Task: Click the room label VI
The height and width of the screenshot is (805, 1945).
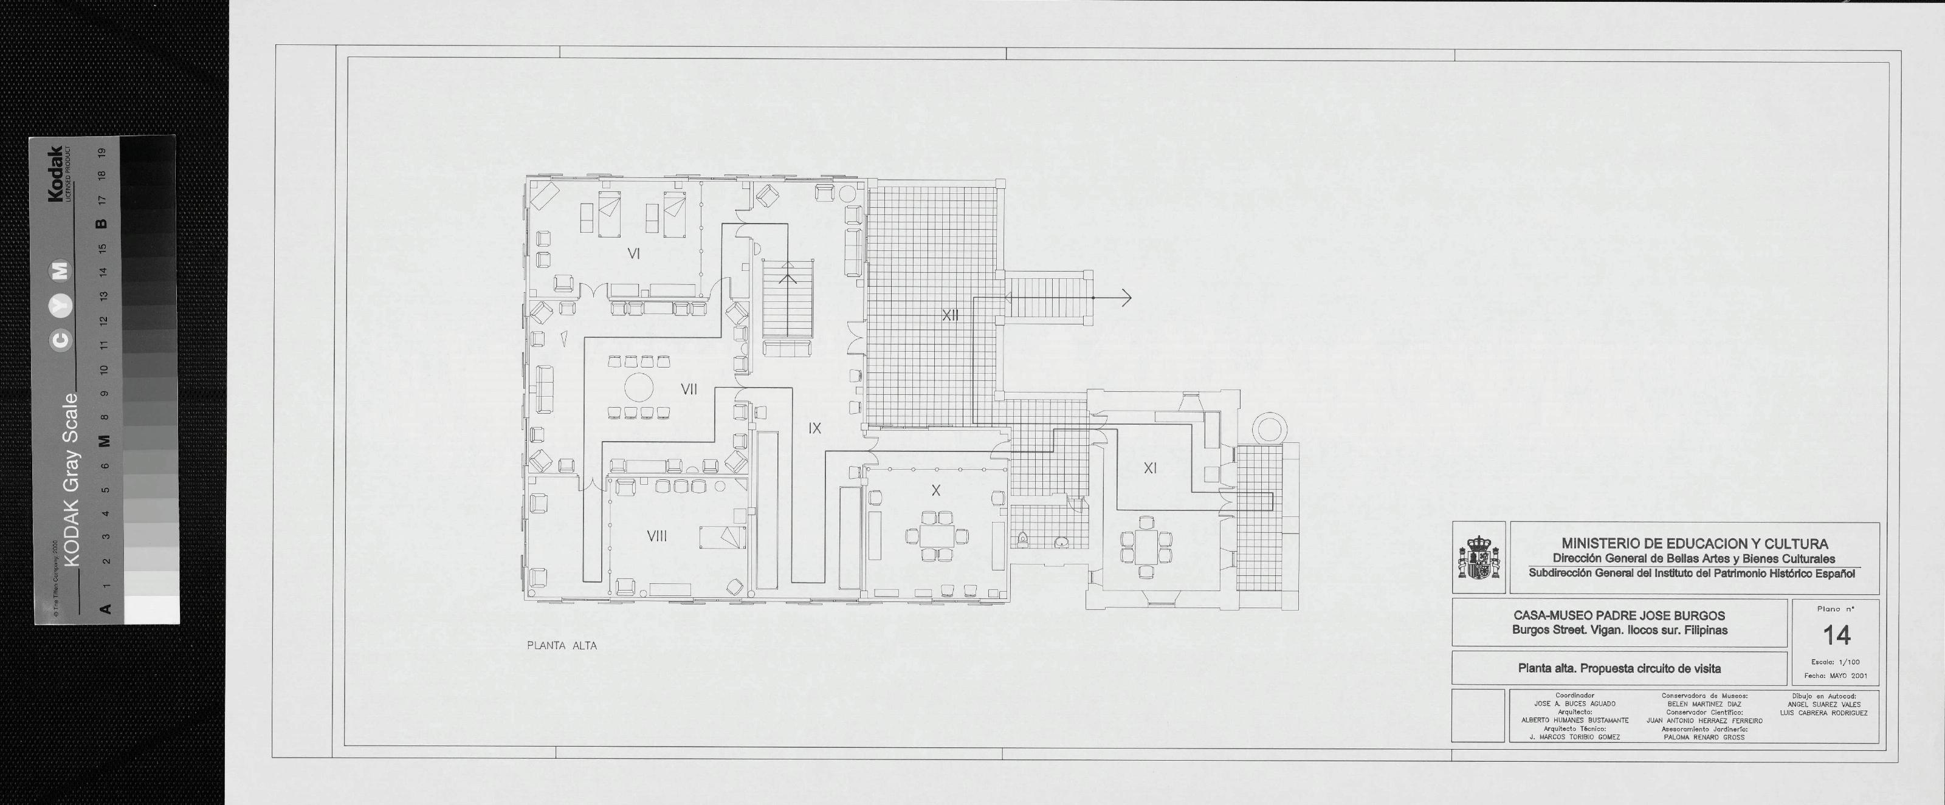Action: pyautogui.click(x=633, y=254)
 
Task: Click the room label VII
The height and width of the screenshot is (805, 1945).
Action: pyautogui.click(x=689, y=389)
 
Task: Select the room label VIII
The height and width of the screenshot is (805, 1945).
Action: pyautogui.click(x=657, y=536)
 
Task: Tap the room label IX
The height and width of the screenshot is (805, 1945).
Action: pyautogui.click(x=814, y=428)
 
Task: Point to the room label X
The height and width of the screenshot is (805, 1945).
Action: pyautogui.click(x=936, y=490)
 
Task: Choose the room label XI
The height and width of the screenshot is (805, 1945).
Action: pyautogui.click(x=1150, y=468)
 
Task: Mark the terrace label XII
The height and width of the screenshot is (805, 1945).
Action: pyautogui.click(x=951, y=315)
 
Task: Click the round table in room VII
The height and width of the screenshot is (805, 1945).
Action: pyautogui.click(x=639, y=388)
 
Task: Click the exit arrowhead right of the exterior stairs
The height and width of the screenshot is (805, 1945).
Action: pyautogui.click(x=1126, y=298)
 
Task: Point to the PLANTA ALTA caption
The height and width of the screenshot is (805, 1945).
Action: pyautogui.click(x=562, y=646)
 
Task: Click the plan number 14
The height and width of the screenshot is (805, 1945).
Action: pyautogui.click(x=1837, y=635)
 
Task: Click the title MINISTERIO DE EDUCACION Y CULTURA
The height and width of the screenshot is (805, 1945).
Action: pyautogui.click(x=1695, y=544)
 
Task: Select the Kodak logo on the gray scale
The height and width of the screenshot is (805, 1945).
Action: pyautogui.click(x=56, y=174)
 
